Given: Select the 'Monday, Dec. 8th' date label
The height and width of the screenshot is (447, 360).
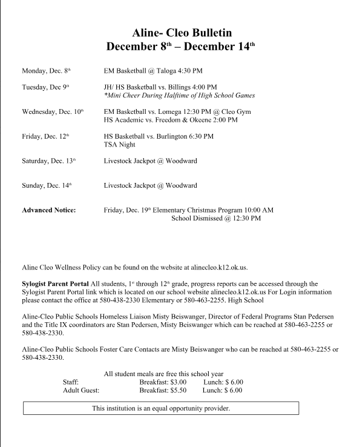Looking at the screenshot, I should click(x=47, y=71).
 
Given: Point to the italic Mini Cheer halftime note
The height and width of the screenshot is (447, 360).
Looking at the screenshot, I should click(x=179, y=96).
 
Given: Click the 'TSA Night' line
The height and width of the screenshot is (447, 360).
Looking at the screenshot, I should click(x=120, y=145).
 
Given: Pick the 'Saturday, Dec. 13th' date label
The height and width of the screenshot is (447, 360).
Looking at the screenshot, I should click(x=49, y=161).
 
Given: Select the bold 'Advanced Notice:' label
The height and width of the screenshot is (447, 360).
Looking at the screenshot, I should click(x=49, y=210).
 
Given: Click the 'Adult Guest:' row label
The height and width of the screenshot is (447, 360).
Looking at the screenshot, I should click(x=81, y=391).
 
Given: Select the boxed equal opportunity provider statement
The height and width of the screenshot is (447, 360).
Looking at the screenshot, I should click(x=161, y=408).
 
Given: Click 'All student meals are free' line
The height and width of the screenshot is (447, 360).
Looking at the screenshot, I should click(x=163, y=374).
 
